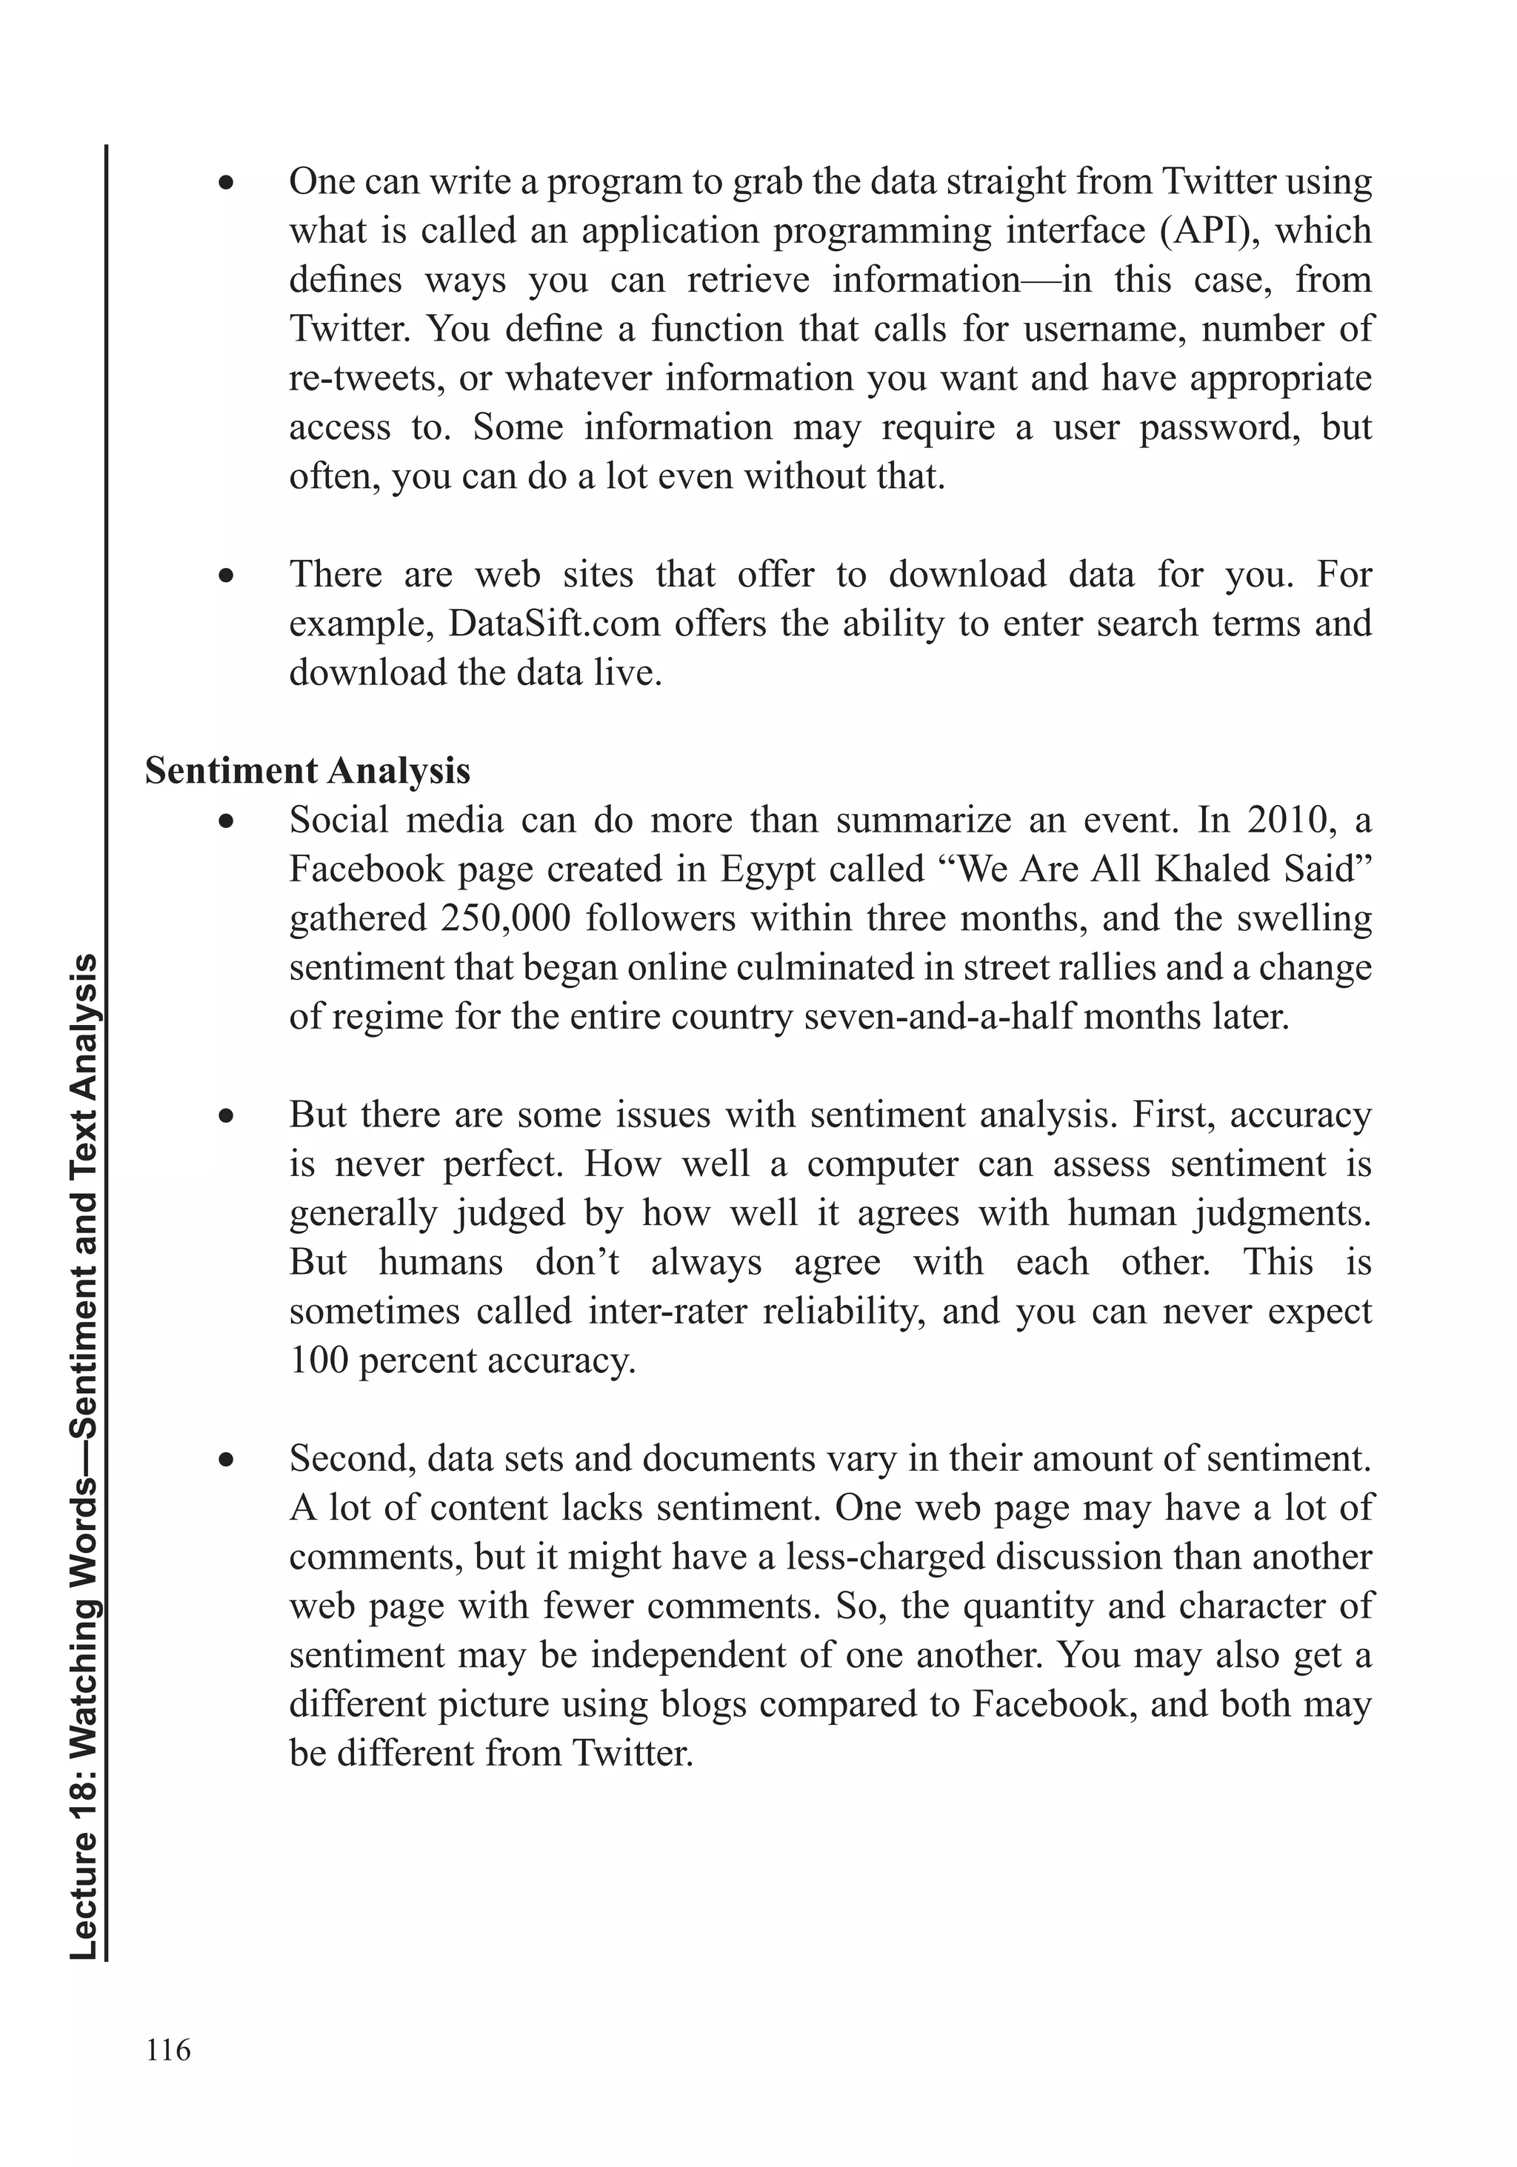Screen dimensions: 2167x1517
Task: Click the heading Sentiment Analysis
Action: (307, 771)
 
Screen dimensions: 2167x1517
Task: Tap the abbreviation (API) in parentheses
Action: (1210, 231)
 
